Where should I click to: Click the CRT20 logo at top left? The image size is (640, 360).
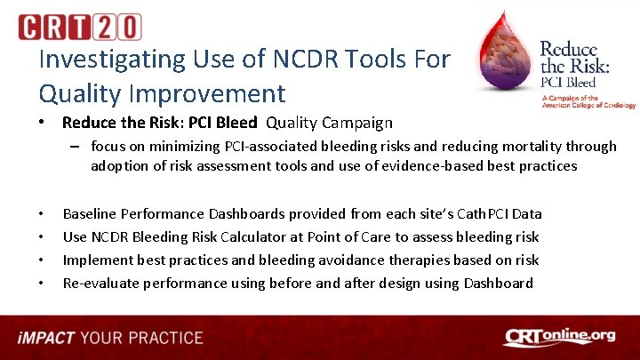coord(79,27)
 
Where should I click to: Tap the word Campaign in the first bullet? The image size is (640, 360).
coord(355,123)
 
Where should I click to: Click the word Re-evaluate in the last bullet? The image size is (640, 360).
coord(99,283)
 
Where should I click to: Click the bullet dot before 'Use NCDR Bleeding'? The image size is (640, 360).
coord(42,237)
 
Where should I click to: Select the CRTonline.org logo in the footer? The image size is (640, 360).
coord(559,337)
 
